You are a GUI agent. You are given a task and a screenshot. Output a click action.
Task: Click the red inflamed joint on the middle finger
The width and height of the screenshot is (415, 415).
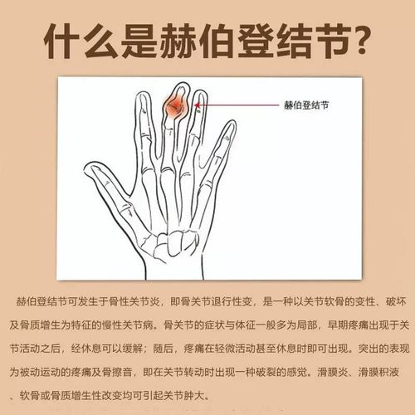pos(176,106)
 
